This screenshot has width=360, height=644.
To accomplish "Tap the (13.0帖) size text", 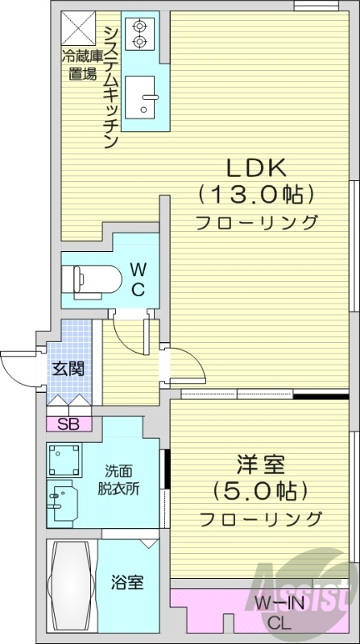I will point(254,194).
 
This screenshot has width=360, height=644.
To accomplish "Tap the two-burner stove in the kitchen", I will point(139,32).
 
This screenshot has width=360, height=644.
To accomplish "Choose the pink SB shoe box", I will point(68,423).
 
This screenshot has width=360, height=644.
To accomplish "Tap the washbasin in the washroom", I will point(61,502).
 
